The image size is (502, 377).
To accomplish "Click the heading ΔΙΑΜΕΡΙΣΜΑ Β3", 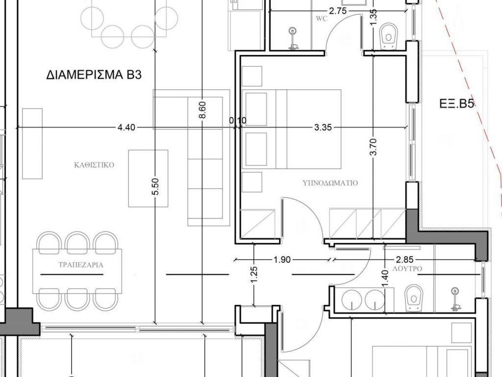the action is pyautogui.click(x=94, y=75).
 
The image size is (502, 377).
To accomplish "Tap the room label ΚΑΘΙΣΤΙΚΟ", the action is pyautogui.click(x=94, y=165).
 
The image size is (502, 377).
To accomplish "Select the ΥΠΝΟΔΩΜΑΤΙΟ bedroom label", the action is pyautogui.click(x=330, y=183).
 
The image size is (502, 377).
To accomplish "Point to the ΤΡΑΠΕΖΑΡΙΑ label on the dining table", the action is pyautogui.click(x=81, y=265).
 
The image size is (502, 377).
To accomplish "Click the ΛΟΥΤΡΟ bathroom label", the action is pyautogui.click(x=407, y=269).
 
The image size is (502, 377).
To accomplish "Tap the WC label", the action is pyautogui.click(x=322, y=19).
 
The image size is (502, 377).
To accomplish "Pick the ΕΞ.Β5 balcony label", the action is pyautogui.click(x=456, y=104).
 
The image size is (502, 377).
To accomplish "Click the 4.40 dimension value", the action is pyautogui.click(x=126, y=128).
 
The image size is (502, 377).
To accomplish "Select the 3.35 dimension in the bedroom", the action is pyautogui.click(x=323, y=128).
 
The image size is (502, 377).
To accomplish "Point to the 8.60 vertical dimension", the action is pyautogui.click(x=202, y=109).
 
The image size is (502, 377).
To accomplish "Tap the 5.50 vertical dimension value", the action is pyautogui.click(x=155, y=187).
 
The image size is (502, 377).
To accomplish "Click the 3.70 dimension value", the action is pyautogui.click(x=373, y=147).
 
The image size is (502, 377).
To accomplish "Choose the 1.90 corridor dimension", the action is pyautogui.click(x=282, y=259).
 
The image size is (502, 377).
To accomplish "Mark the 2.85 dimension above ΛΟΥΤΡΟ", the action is pyautogui.click(x=404, y=259).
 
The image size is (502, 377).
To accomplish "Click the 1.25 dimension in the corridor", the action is pyautogui.click(x=254, y=275).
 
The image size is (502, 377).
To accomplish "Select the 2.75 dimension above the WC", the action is pyautogui.click(x=338, y=11).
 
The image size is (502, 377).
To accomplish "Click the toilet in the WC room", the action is pyautogui.click(x=389, y=36).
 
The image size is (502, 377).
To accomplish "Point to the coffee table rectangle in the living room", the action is pyautogui.click(x=148, y=179).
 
